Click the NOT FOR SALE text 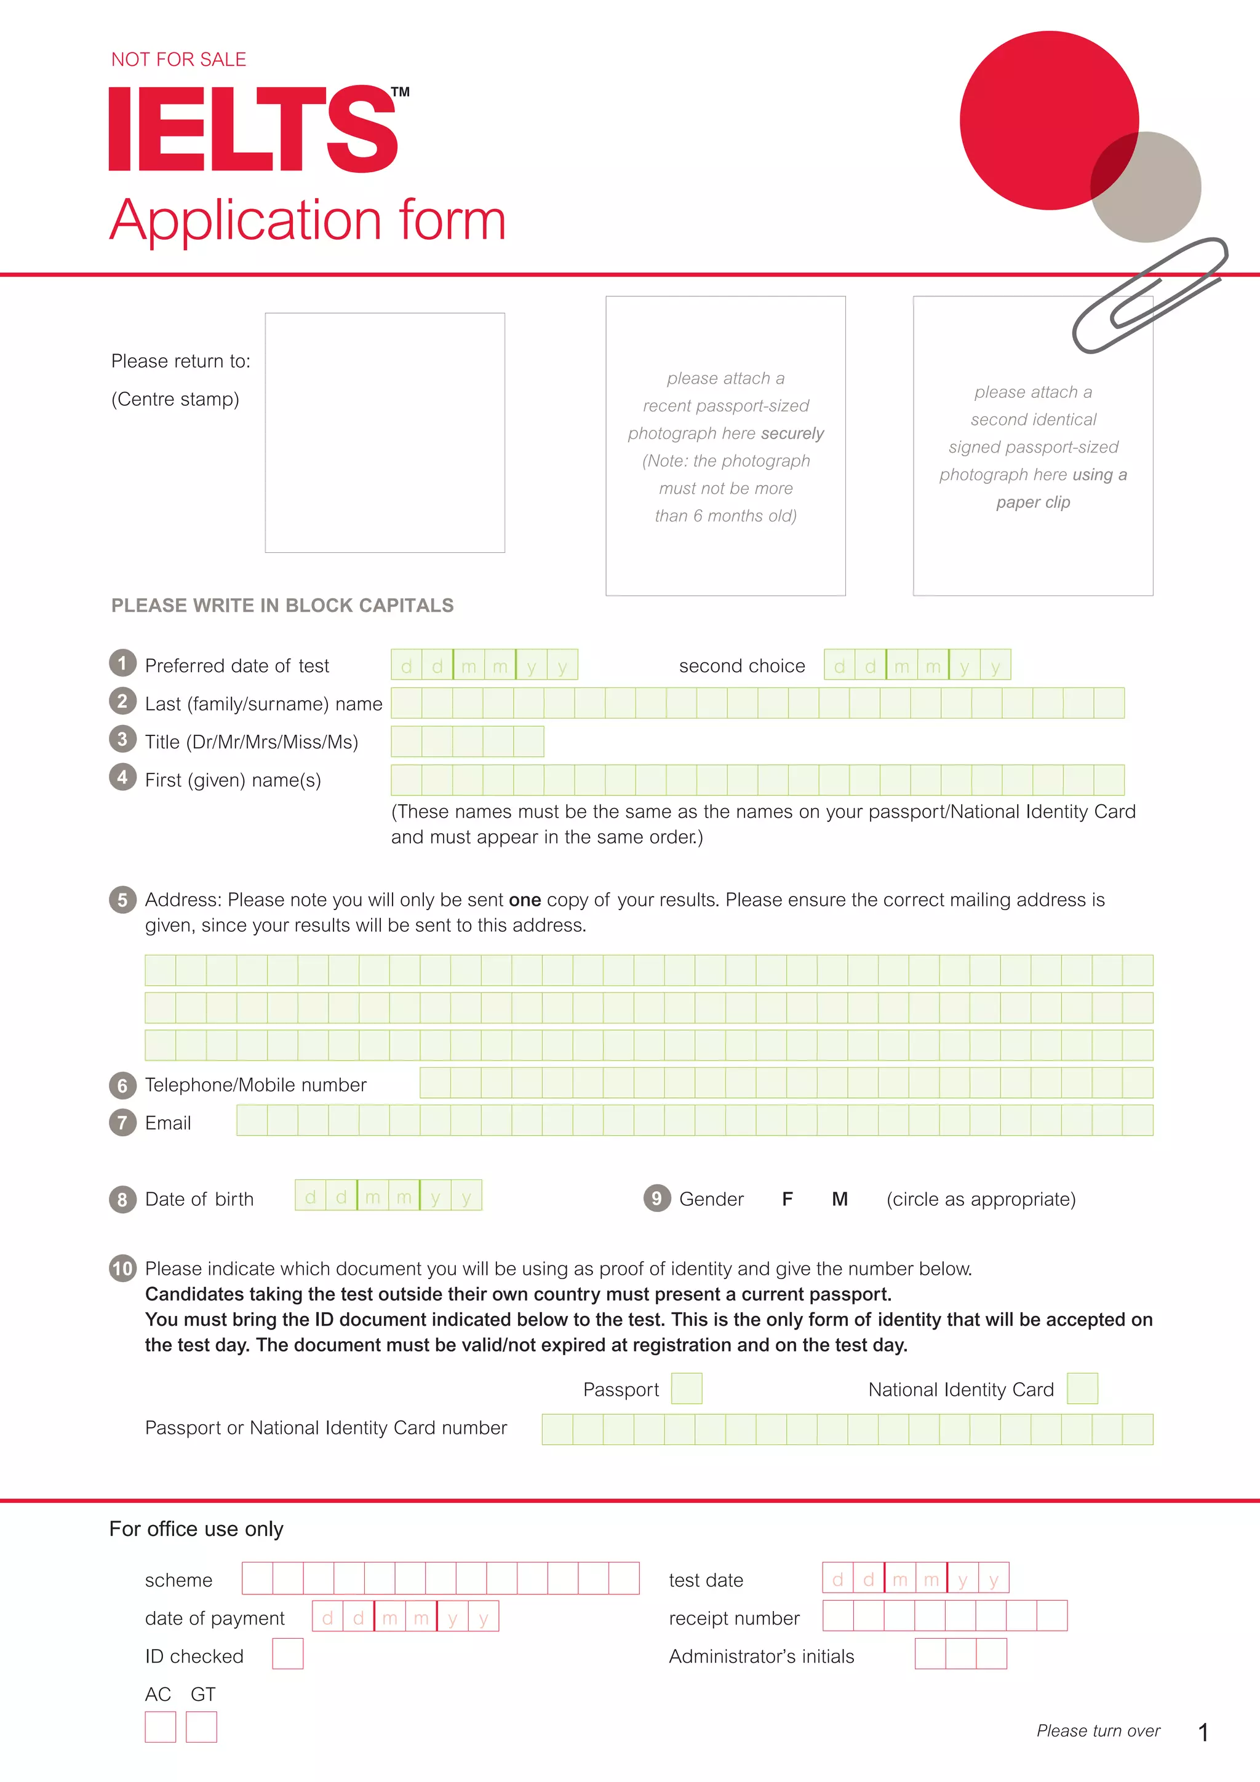tap(178, 60)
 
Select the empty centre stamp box tap(385, 432)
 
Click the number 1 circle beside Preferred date tap(122, 663)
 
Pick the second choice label tap(741, 666)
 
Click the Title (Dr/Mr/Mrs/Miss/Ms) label tap(251, 742)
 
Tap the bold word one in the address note tap(525, 900)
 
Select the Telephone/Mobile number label tap(255, 1085)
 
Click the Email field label tap(168, 1123)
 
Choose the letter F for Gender tap(787, 1199)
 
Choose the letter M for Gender tap(839, 1199)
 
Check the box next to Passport tap(686, 1388)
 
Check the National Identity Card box tap(1082, 1388)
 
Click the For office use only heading tap(196, 1529)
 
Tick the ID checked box tap(287, 1654)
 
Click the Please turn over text tap(1098, 1731)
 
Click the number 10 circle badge tap(122, 1268)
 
